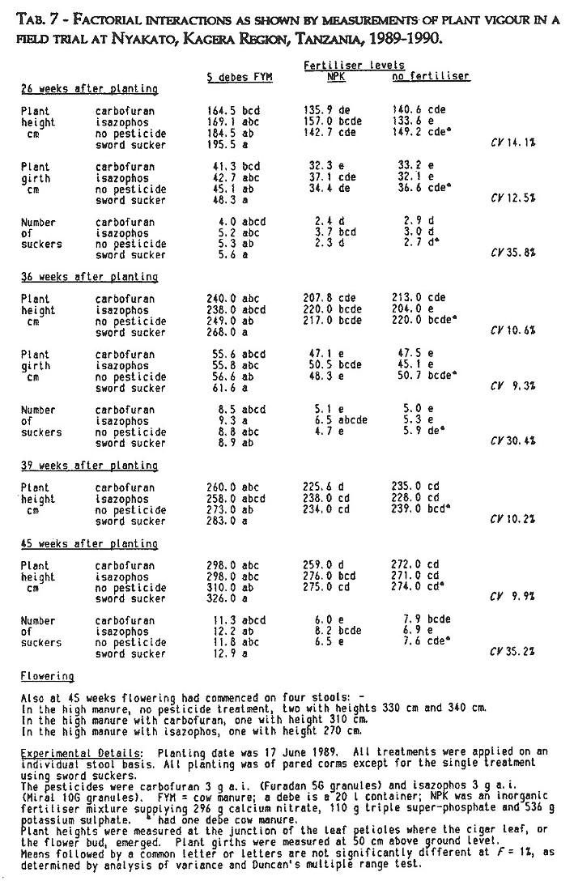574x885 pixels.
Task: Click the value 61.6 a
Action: pos(223,389)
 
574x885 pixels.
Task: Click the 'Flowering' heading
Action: pos(47,675)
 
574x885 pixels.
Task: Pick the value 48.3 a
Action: pos(221,199)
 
